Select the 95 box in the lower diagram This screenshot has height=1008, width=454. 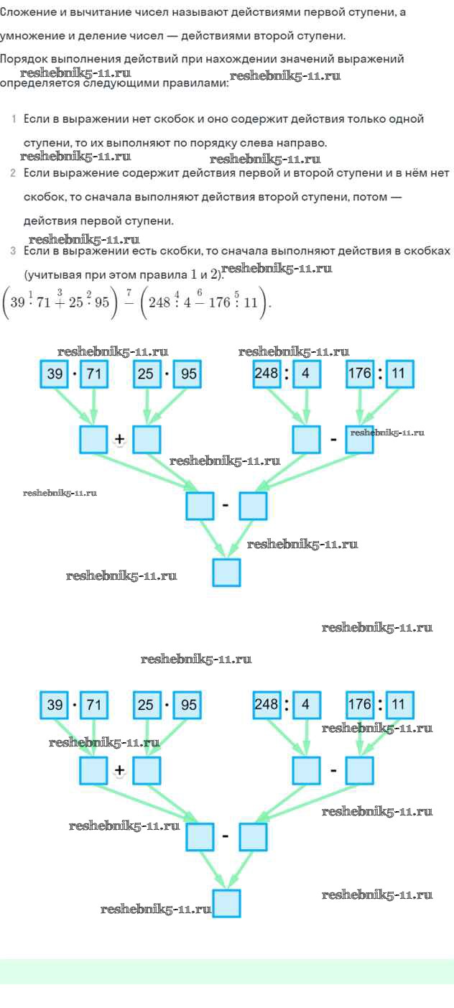[187, 705]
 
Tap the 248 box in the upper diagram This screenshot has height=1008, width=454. [267, 374]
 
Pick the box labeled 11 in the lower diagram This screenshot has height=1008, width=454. [399, 705]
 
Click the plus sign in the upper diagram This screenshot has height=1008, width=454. [119, 440]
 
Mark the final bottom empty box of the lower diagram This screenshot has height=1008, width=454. [226, 904]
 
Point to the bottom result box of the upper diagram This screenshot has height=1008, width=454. [226, 573]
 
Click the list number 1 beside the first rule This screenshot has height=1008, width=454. [14, 119]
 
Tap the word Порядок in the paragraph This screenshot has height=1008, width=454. [23, 60]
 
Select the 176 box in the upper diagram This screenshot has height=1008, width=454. [359, 374]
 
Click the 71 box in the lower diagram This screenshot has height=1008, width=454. [93, 705]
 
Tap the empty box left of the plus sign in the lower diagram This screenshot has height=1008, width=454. [93, 770]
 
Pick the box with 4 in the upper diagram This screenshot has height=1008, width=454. [306, 374]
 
